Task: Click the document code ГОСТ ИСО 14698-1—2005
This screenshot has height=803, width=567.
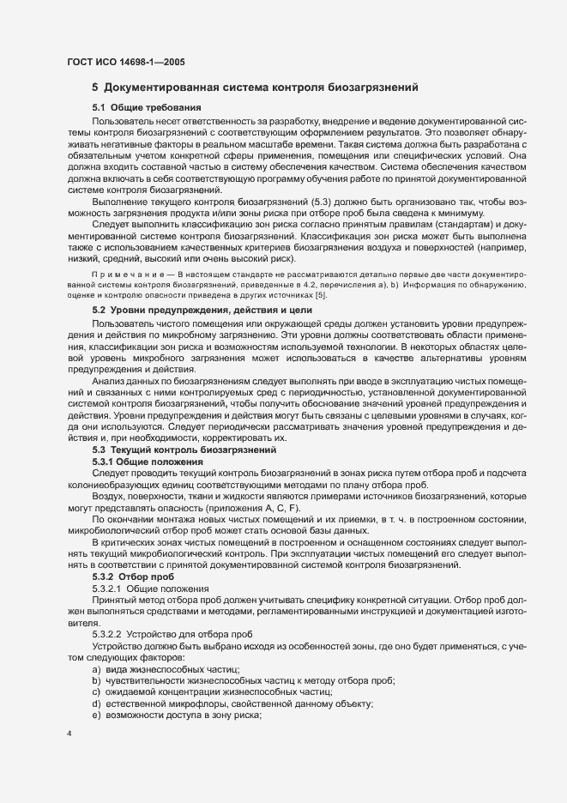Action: click(x=124, y=63)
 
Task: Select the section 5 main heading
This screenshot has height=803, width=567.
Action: click(x=255, y=88)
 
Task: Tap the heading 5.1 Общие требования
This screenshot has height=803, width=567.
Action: click(x=146, y=108)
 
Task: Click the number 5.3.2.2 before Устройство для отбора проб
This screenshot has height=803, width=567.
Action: click(x=107, y=632)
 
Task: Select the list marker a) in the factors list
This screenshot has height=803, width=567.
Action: click(x=97, y=667)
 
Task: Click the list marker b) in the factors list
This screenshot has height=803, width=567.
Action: click(x=97, y=679)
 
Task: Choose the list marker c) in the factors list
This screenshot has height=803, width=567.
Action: click(x=97, y=691)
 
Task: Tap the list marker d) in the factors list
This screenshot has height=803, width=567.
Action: click(x=97, y=703)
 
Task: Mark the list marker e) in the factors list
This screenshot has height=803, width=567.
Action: click(x=97, y=715)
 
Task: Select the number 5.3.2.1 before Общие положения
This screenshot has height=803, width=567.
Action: click(x=107, y=589)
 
